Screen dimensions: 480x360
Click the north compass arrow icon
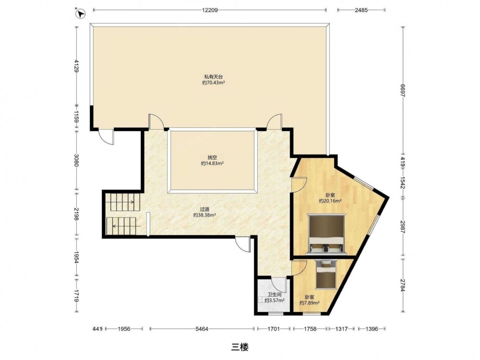(81, 14)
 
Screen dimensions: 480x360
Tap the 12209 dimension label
(210, 10)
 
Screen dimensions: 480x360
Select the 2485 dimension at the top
(361, 10)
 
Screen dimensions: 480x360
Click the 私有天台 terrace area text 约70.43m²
(214, 83)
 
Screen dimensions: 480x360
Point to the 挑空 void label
(212, 157)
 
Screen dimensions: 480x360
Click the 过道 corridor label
(204, 209)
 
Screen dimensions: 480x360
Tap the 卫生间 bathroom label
(275, 295)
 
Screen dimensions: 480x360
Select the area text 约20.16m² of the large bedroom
(330, 201)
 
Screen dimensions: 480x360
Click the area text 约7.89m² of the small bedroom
(310, 303)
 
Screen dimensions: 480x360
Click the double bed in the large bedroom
(326, 234)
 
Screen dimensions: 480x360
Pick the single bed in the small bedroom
(326, 274)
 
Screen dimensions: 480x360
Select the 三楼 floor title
(240, 347)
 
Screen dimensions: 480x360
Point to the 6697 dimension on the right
(403, 90)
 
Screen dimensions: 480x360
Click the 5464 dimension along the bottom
(202, 329)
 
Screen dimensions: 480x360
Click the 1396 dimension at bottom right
(372, 329)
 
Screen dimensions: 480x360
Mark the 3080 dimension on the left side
(76, 160)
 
